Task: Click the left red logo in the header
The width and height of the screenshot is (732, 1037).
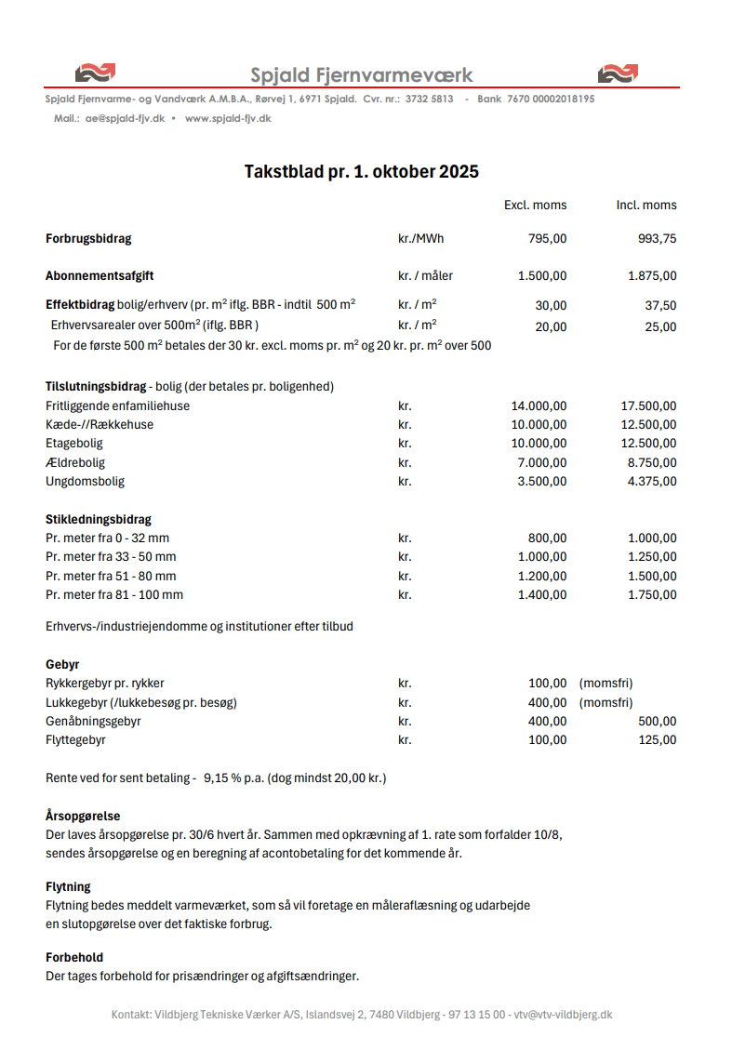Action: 95,73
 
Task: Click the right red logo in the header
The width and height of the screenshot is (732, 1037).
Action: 618,73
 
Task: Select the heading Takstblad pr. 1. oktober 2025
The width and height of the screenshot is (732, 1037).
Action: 362,171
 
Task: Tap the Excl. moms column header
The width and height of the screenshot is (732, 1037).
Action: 535,205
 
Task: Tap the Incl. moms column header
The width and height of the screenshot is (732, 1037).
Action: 646,205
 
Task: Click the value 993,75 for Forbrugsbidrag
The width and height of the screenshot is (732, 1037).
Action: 657,238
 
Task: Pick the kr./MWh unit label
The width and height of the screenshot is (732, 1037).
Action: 420,238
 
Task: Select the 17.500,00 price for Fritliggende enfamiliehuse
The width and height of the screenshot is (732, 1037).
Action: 648,405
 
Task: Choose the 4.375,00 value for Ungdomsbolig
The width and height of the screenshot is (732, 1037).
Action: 652,481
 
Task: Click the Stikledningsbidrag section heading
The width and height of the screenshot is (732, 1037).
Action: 99,519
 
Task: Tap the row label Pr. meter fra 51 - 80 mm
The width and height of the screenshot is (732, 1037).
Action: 111,576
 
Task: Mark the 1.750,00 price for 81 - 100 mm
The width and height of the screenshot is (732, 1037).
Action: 652,594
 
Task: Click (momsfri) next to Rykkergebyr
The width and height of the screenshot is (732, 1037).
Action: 606,683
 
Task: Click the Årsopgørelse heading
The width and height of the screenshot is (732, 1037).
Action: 83,816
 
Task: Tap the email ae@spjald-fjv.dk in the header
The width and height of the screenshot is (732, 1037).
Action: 125,118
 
